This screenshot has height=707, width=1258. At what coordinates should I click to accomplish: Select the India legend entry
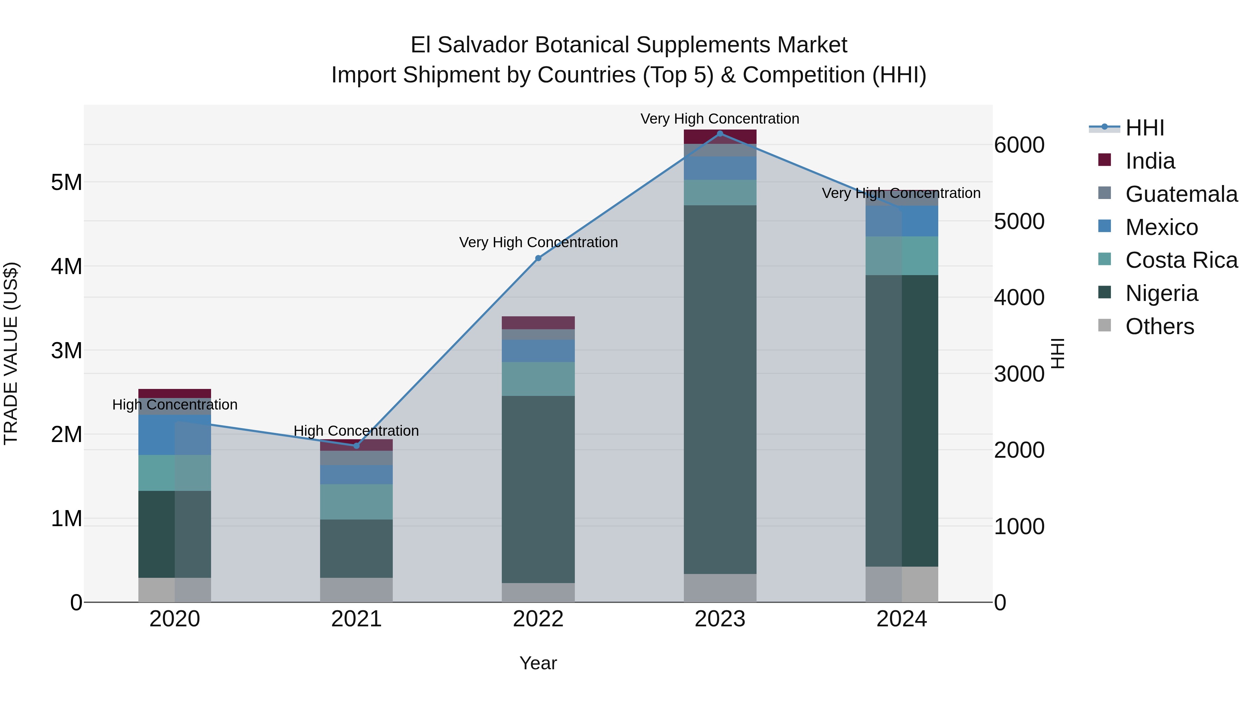coord(1150,161)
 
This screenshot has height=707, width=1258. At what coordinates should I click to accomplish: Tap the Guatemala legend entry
coord(1181,194)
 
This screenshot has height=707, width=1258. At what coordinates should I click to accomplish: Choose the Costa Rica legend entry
coord(1181,260)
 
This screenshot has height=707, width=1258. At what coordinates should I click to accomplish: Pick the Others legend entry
coord(1159,326)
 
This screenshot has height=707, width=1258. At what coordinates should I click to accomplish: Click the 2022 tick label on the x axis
coord(538,619)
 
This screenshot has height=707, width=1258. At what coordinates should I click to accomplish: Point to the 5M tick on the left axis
coord(66,183)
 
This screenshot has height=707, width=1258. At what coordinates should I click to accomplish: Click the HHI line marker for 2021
coord(356,445)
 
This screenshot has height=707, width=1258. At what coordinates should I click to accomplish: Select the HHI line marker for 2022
coord(538,258)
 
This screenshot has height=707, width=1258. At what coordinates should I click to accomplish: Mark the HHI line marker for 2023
coord(720,133)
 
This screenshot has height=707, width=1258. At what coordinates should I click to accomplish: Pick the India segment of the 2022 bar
coord(538,323)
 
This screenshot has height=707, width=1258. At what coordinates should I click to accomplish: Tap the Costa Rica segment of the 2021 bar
coord(356,502)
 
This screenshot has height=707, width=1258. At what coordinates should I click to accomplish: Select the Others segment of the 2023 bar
coord(720,588)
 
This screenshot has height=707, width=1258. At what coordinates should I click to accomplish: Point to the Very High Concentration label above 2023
coord(720,119)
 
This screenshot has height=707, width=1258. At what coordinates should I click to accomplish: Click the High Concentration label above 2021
coord(356,431)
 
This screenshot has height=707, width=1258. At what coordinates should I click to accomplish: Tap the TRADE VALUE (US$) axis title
coord(11,353)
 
